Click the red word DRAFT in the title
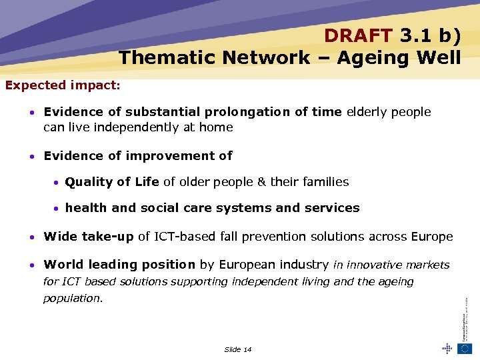(358, 35)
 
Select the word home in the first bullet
(217, 127)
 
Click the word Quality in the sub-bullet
(89, 182)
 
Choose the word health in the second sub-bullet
(86, 208)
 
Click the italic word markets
(427, 265)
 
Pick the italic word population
(73, 299)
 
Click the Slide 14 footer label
(238, 349)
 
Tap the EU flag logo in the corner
(464, 348)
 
